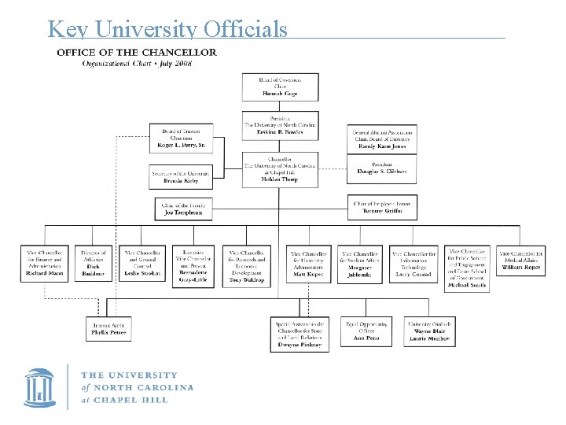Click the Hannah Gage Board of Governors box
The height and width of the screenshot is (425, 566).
[x=281, y=87]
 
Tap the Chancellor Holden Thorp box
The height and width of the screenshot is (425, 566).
[x=281, y=170]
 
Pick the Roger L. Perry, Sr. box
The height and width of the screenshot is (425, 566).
[x=181, y=139]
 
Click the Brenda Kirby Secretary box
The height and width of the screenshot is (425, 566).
[x=181, y=176]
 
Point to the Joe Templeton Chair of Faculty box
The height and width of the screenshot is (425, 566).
[x=183, y=208]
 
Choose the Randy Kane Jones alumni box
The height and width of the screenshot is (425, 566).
[x=383, y=139]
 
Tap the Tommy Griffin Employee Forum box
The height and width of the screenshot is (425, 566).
[x=383, y=208]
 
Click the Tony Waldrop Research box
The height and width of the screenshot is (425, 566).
[x=247, y=265]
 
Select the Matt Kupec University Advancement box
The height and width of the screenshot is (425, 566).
[x=308, y=265]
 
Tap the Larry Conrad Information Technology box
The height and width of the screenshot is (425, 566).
[x=413, y=265]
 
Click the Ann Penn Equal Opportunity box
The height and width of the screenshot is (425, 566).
[x=366, y=328]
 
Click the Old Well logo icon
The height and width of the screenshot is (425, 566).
[x=39, y=386]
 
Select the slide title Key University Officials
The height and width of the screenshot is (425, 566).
[x=167, y=29]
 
